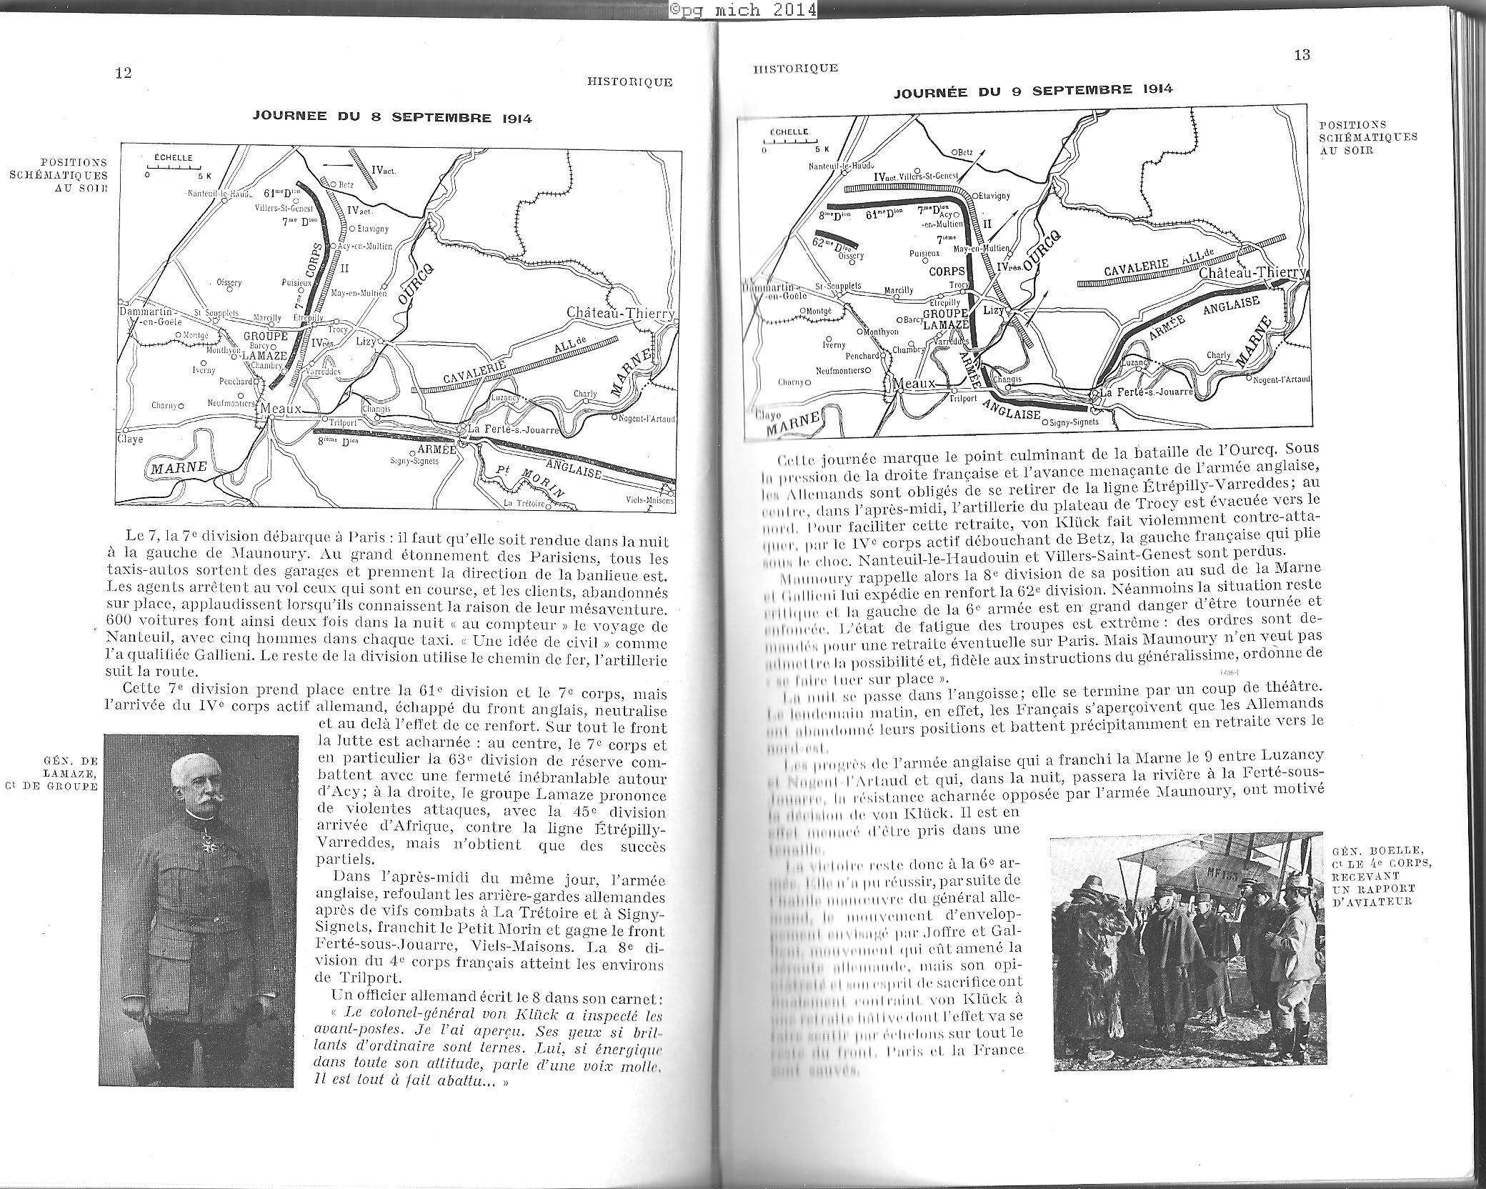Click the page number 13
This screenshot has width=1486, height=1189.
tap(1302, 56)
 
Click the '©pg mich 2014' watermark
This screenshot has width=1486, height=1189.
tap(742, 10)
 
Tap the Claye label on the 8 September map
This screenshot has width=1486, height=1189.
tap(131, 439)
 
